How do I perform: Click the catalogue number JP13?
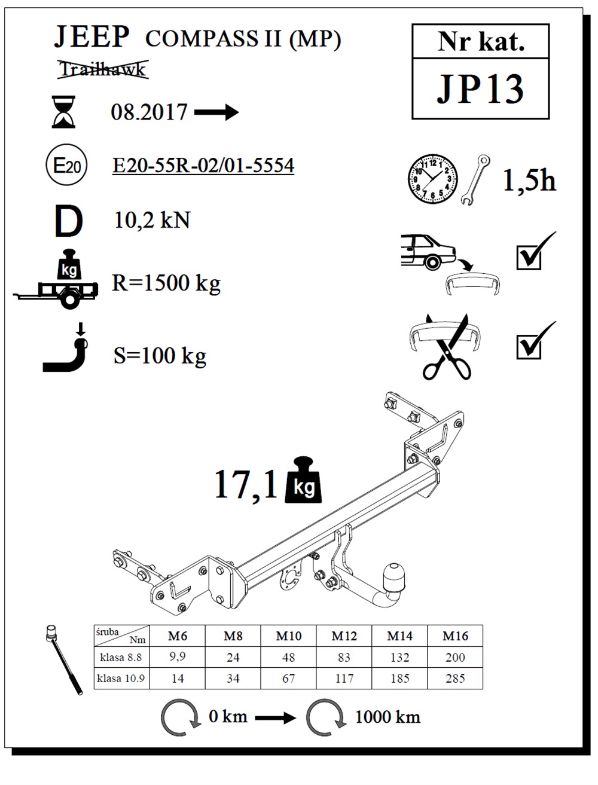pyautogui.click(x=480, y=89)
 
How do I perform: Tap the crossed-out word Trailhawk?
pyautogui.click(x=102, y=69)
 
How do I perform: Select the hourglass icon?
pyautogui.click(x=64, y=112)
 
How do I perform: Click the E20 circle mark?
pyautogui.click(x=66, y=166)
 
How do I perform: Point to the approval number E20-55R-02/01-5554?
pyautogui.click(x=203, y=166)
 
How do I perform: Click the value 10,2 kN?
pyautogui.click(x=152, y=221)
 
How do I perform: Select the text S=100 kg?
pyautogui.click(x=160, y=356)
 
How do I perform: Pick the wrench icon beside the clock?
pyautogui.click(x=475, y=180)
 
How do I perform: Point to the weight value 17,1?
pyautogui.click(x=246, y=484)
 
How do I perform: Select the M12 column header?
pyautogui.click(x=344, y=636)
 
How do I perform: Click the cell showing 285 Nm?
pyautogui.click(x=455, y=679)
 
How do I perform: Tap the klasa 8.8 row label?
pyautogui.click(x=121, y=657)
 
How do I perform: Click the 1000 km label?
pyautogui.click(x=388, y=717)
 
